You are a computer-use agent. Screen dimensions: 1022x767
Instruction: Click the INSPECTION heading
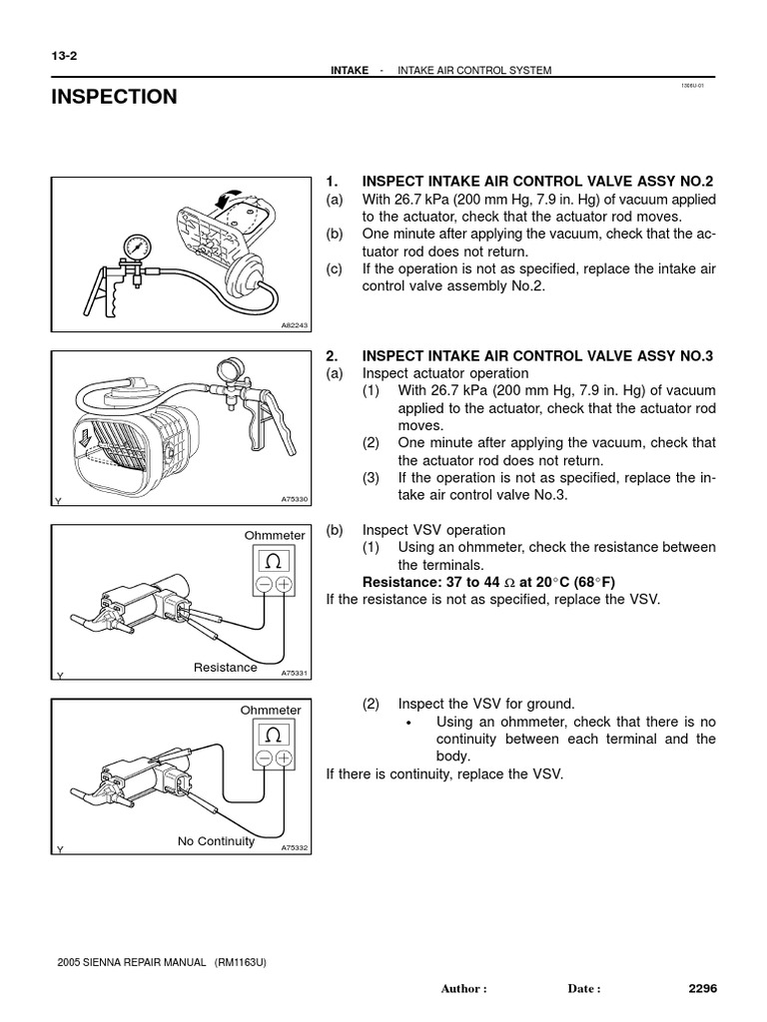click(x=113, y=97)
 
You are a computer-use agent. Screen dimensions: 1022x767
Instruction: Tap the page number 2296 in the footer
click(x=703, y=988)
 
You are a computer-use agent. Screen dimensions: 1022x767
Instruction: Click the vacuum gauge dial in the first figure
click(x=136, y=246)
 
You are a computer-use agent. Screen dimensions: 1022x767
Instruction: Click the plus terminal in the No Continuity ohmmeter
click(x=284, y=760)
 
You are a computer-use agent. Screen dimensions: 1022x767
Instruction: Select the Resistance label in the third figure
click(x=225, y=667)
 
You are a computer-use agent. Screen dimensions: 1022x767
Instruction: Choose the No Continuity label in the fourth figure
click(x=216, y=840)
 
